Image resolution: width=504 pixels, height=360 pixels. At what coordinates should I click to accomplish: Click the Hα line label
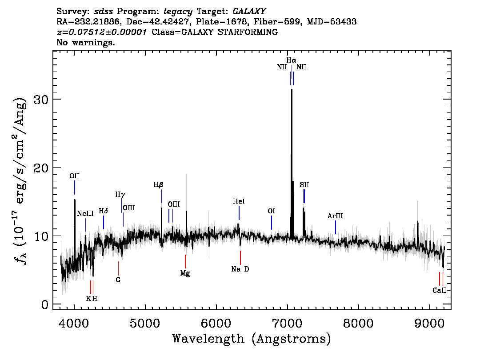pos(291,60)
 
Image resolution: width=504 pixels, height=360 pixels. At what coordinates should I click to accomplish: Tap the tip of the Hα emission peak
pos(292,89)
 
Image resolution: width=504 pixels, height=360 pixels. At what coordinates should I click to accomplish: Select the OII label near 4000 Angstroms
pos(74,176)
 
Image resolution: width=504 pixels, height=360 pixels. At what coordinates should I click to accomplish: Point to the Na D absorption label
pos(240,269)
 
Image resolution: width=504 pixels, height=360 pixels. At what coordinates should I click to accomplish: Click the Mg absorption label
pos(185,273)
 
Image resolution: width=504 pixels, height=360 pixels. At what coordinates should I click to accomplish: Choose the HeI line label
pos(239,202)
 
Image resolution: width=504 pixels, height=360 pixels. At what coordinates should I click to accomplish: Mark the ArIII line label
pos(335,216)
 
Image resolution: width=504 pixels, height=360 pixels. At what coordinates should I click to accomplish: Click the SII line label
pos(304,184)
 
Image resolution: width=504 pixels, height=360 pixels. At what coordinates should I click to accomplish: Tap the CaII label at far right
pos(439,291)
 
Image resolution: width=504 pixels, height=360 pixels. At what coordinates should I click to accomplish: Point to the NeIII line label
pos(85,214)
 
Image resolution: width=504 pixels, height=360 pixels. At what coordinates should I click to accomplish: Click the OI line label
pos(271,211)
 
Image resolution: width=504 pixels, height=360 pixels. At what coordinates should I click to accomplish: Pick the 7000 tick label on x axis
pos(288,321)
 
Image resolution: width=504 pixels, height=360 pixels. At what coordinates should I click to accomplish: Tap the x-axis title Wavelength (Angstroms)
pos(252,339)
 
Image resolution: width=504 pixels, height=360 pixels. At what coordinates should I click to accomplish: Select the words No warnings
pos(86,43)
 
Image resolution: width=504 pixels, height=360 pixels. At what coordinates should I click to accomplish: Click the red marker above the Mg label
pos(185,261)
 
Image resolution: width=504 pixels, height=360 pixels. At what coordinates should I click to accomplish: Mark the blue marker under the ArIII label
pos(335,227)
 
